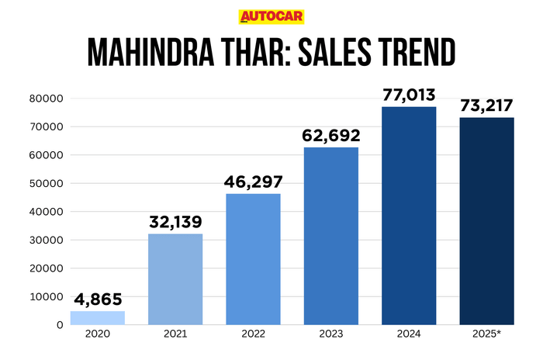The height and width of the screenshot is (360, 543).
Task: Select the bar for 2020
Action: point(97,317)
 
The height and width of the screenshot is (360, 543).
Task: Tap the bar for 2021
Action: point(175,279)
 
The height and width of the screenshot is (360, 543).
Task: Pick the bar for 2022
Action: point(253,259)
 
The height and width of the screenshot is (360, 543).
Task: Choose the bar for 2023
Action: point(331,236)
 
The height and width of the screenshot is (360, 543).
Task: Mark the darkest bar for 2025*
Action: point(487,221)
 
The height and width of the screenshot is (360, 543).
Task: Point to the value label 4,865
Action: point(97,299)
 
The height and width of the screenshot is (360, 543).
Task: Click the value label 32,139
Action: point(175,223)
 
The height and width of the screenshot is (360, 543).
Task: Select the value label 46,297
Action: point(253,182)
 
